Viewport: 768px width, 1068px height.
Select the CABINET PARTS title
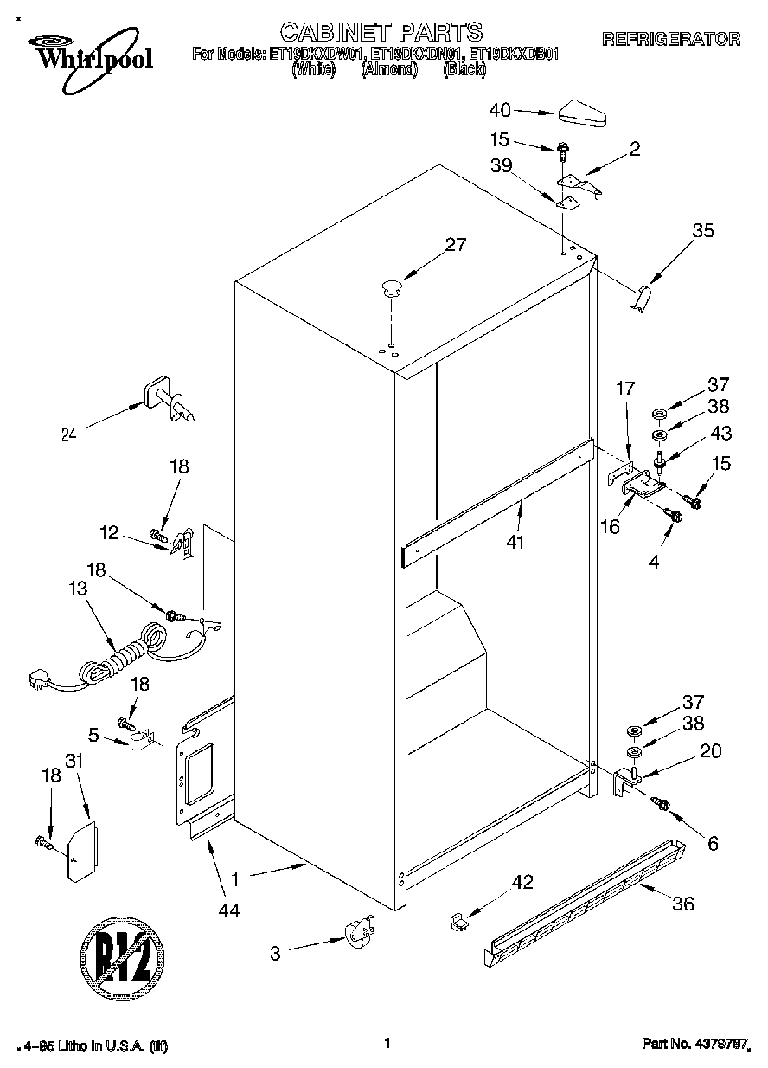(381, 33)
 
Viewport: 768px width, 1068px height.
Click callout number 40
(500, 110)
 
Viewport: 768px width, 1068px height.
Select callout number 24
(68, 435)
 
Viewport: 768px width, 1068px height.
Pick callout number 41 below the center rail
(519, 543)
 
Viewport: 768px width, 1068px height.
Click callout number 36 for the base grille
(682, 904)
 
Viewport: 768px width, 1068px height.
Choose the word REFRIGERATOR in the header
(670, 39)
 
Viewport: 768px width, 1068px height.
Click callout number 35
(703, 230)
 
